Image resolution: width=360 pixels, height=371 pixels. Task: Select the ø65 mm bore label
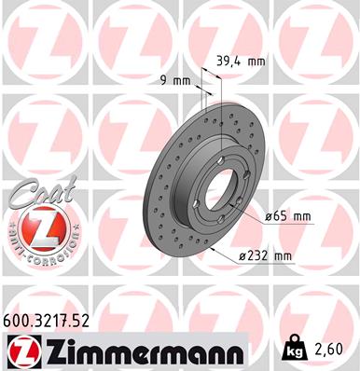pos(286,216)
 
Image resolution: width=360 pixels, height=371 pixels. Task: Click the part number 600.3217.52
pos(47,321)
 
